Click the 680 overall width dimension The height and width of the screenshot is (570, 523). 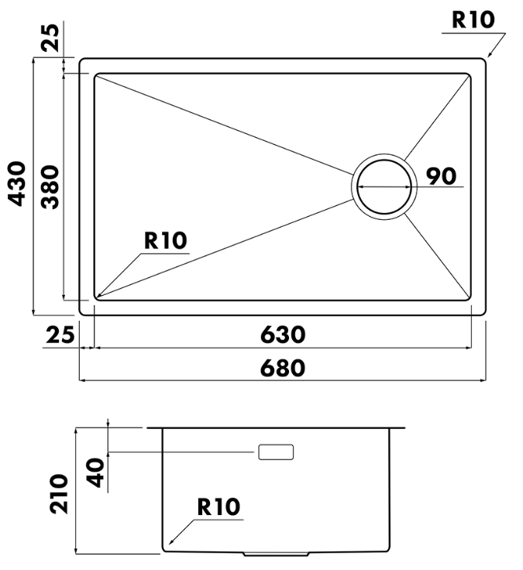pyautogui.click(x=283, y=368)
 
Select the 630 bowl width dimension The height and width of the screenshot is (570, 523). pyautogui.click(x=283, y=335)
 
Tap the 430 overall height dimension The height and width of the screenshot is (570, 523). pyautogui.click(x=17, y=184)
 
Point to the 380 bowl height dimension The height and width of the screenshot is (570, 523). pyautogui.click(x=50, y=187)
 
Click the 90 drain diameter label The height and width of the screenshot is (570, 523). pyautogui.click(x=441, y=176)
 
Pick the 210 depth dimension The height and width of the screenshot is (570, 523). pyautogui.click(x=59, y=493)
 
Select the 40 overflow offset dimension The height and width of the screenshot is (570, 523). pyautogui.click(x=96, y=472)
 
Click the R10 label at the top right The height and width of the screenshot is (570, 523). pyautogui.click(x=473, y=19)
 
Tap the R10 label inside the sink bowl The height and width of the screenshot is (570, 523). pyautogui.click(x=166, y=240)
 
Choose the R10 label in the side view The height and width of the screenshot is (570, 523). pyautogui.click(x=218, y=506)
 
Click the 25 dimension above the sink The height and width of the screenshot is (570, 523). pyautogui.click(x=50, y=37)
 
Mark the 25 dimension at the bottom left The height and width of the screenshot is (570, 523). pyautogui.click(x=60, y=335)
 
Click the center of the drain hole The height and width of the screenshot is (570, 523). pyautogui.click(x=384, y=187)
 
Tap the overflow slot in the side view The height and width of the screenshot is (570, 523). pyautogui.click(x=276, y=452)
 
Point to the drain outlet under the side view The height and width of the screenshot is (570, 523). pyautogui.click(x=276, y=554)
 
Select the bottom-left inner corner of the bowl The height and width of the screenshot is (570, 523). pyautogui.click(x=95, y=300)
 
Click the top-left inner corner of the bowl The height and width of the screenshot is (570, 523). pyautogui.click(x=95, y=74)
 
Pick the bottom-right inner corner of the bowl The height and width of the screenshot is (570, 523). pyautogui.click(x=470, y=300)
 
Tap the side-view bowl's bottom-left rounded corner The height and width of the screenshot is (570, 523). pyautogui.click(x=163, y=549)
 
